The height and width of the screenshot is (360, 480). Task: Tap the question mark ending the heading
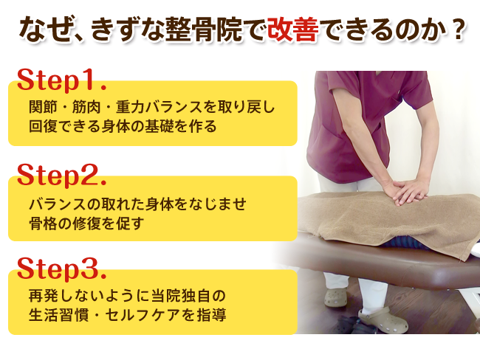click(x=459, y=30)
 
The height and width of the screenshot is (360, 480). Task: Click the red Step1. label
click(x=61, y=80)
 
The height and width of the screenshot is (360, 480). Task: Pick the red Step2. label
click(x=61, y=175)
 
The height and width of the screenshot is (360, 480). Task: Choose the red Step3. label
click(x=61, y=269)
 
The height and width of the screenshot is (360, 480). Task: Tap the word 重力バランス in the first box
click(x=160, y=107)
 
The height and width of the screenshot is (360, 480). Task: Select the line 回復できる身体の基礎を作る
click(x=123, y=126)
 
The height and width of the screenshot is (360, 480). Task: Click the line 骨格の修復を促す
click(x=86, y=224)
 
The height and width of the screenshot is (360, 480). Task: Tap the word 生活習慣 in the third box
click(x=58, y=315)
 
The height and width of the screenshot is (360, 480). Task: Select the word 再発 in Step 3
click(x=43, y=296)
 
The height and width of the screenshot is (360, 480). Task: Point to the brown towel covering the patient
click(x=388, y=221)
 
